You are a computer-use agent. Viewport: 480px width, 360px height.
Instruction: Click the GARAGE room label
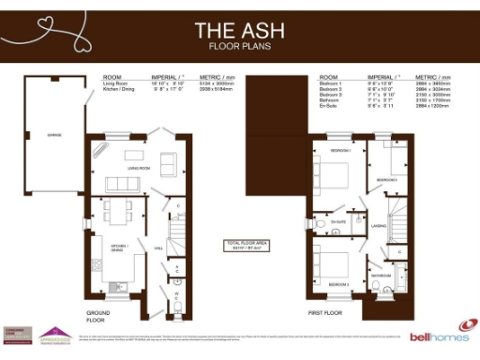[53, 135]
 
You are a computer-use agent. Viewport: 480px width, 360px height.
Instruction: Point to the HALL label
[158, 247]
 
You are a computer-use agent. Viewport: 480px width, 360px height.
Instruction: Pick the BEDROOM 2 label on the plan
[386, 179]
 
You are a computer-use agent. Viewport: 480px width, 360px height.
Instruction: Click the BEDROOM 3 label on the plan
[339, 283]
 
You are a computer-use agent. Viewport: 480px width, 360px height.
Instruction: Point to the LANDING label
[380, 225]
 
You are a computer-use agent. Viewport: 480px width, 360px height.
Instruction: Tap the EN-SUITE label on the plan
[341, 221]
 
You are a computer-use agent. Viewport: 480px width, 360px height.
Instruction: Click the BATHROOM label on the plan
[381, 277]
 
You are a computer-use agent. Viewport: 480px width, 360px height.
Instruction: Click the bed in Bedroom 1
[335, 174]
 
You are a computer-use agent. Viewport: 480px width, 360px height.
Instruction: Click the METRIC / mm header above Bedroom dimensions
[432, 76]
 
